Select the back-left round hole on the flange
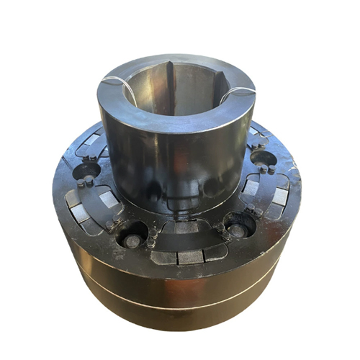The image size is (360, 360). pyautogui.click(x=87, y=171)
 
